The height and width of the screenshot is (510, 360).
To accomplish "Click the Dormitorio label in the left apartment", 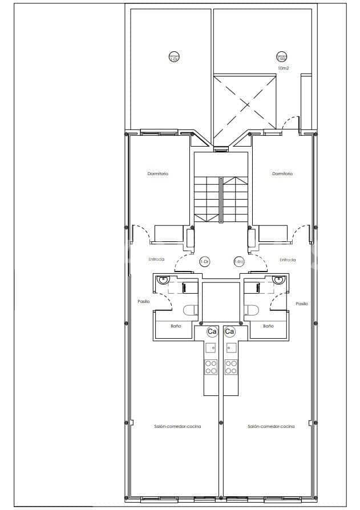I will tap(157, 173).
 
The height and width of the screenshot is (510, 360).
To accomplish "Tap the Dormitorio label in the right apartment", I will tap(282, 173).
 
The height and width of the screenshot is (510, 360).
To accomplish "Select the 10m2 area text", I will tap(282, 68).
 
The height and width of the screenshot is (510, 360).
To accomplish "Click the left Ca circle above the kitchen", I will tap(212, 331).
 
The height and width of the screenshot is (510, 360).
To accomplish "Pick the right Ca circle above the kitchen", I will tap(230, 331).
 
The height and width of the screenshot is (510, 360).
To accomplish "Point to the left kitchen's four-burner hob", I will tap(211, 367).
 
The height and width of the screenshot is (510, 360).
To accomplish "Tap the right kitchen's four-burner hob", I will tap(230, 367).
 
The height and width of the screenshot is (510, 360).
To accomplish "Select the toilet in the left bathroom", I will tap(191, 310).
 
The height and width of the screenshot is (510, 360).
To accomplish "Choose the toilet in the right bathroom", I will tap(252, 310).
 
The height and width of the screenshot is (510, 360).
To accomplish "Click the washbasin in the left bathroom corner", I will tap(164, 280).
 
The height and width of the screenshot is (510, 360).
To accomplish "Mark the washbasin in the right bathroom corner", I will tap(278, 280).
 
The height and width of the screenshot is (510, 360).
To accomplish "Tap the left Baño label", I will tap(175, 326).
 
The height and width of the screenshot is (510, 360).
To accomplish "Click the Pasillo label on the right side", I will tap(302, 303).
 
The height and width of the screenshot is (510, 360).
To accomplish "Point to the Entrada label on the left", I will tap(156, 260).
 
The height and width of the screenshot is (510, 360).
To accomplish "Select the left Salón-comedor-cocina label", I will tap(177, 426).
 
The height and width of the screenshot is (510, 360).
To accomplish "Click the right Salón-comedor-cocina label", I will tap(271, 426).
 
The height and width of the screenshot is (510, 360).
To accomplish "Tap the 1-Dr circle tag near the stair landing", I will tap(204, 261).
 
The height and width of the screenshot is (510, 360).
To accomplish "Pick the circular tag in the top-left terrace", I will tap(173, 56).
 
